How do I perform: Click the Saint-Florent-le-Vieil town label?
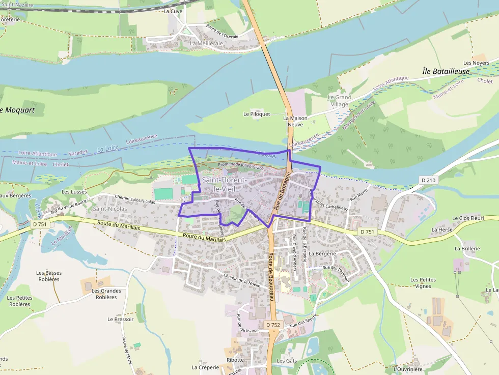(224, 185)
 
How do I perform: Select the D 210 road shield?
(429, 180)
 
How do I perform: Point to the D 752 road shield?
(273, 325)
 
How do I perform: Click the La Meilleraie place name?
(206, 44)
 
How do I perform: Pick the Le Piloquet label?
(257, 114)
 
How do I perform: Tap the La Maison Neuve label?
(295, 121)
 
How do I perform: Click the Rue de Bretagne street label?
(282, 191)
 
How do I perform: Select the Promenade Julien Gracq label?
(240, 165)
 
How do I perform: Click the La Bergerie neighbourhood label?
(322, 253)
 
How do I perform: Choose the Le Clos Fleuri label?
(467, 218)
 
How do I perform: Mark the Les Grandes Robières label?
(106, 294)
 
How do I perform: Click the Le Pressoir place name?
(120, 320)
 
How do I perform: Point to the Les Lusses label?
(74, 192)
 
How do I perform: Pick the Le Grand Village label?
(339, 101)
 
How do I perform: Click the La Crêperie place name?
(205, 367)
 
